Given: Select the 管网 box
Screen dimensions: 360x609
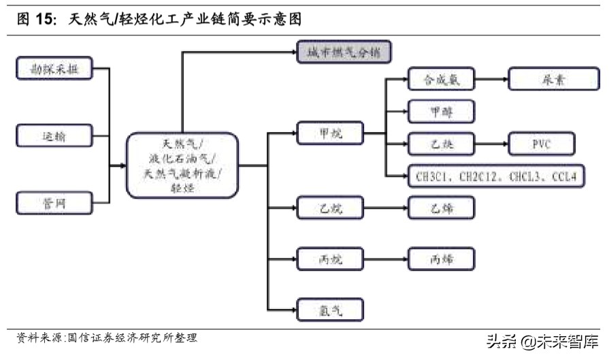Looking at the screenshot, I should pos(54,202).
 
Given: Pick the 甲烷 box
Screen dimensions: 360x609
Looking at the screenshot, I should pos(331,133).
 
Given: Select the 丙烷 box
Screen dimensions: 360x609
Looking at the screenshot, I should pos(331,259).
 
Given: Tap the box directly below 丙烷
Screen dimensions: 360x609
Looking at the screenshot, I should pos(331,310).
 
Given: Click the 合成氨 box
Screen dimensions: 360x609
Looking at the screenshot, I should pos(441,79).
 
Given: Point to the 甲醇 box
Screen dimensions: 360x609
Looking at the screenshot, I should pos(441,111).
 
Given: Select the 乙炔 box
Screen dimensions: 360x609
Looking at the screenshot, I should pos(441,144).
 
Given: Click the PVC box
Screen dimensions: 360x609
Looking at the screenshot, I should pos(541,144).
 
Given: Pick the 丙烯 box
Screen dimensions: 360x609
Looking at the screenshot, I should pos(441,259).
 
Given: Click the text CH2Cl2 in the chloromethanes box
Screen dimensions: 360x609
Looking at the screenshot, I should pos(480,176).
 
